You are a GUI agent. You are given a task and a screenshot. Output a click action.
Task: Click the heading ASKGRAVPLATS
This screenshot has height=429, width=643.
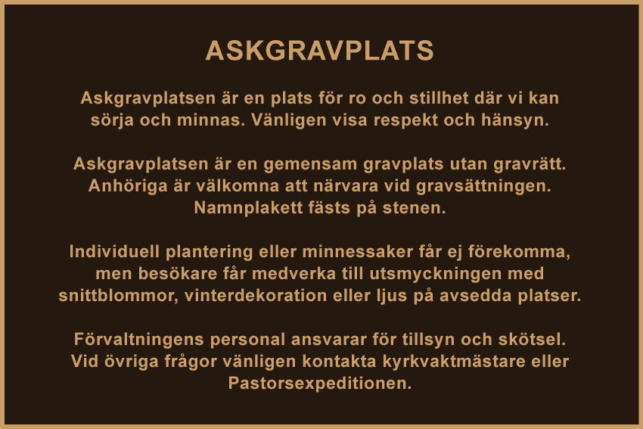coord(319,51)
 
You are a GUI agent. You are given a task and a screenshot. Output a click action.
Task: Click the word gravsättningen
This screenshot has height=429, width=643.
coord(483,186)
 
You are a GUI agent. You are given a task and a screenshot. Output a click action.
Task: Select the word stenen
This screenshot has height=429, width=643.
coord(415,207)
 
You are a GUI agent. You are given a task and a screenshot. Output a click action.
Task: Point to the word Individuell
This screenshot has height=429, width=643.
coord(114,251)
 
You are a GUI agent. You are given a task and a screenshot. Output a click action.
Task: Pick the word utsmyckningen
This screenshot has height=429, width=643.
coord(436,274)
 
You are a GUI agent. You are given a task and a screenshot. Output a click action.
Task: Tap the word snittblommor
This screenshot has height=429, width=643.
coord(118,296)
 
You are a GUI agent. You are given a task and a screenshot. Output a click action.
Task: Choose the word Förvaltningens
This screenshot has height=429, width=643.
coord(138,340)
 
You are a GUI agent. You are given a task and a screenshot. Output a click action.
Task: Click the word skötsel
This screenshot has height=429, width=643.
coord(533,340)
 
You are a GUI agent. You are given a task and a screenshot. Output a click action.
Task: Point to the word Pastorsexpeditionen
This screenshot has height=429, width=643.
coord(320,384)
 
